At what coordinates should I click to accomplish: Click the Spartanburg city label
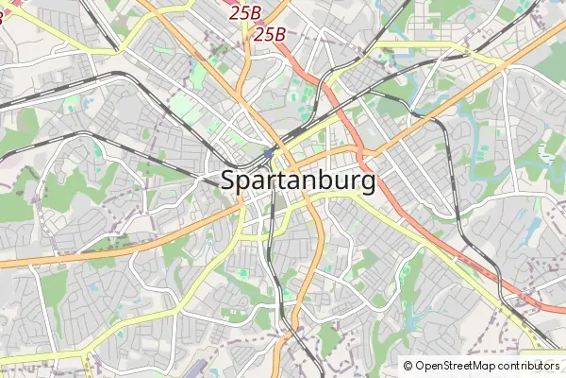pos(298,181)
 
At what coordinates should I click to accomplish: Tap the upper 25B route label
pos(245,12)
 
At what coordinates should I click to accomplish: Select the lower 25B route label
pos(269,34)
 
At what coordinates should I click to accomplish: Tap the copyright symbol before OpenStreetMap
pos(408,366)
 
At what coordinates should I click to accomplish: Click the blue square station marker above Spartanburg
pos(269,152)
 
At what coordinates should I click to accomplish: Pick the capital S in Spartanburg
pos(229,180)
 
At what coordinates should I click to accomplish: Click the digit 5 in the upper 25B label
pos(244,12)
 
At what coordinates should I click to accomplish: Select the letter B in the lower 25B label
pos(279,34)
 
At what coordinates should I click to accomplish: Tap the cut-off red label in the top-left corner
pos(5,16)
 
